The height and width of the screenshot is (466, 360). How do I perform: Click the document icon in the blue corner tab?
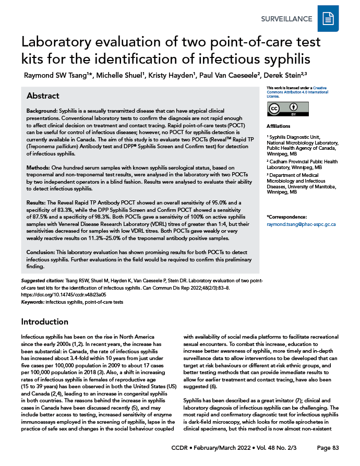tap(328, 19)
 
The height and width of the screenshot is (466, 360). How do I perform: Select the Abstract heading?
tap(43, 96)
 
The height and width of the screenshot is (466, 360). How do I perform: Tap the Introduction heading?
tap(44, 321)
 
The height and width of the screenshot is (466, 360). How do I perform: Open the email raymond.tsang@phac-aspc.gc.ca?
tap(301, 224)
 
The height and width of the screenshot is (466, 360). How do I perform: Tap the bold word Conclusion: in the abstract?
tap(43, 252)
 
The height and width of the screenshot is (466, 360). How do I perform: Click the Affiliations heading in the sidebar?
tap(278, 127)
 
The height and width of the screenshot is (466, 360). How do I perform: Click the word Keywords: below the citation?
tap(32, 302)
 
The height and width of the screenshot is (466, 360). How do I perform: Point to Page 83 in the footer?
tap(328, 448)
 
